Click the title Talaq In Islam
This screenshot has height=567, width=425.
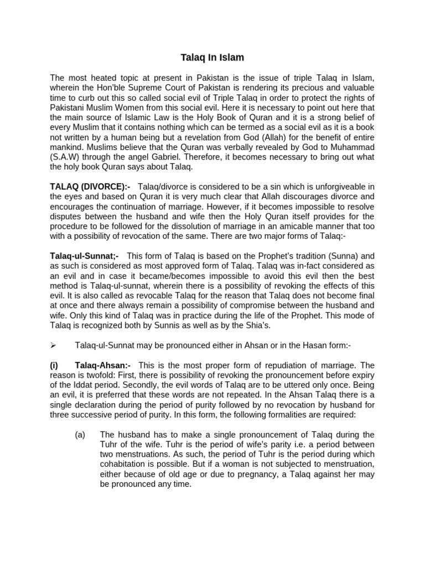pyautogui.click(x=212, y=57)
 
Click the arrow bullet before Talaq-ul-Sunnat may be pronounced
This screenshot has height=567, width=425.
pyautogui.click(x=54, y=345)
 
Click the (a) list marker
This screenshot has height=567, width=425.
pyautogui.click(x=80, y=435)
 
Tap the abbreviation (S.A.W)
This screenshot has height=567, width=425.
pyautogui.click(x=65, y=156)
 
